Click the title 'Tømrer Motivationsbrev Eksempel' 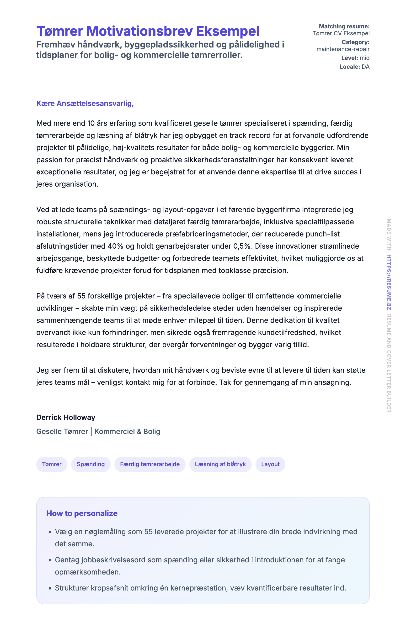[148, 31]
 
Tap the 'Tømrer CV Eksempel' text [341, 33]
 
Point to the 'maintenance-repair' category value [343, 49]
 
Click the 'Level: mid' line [355, 58]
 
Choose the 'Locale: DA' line [354, 67]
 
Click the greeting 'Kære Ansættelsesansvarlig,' [85, 104]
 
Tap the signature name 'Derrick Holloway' [66, 417]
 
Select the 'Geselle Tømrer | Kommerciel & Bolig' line [98, 431]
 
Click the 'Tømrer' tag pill [52, 464]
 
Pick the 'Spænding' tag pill [91, 464]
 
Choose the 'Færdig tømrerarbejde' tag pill [150, 464]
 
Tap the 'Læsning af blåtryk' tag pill [220, 464]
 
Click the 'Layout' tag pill [270, 464]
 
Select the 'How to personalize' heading [82, 513]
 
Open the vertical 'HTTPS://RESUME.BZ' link [389, 282]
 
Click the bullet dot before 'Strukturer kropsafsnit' [50, 588]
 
